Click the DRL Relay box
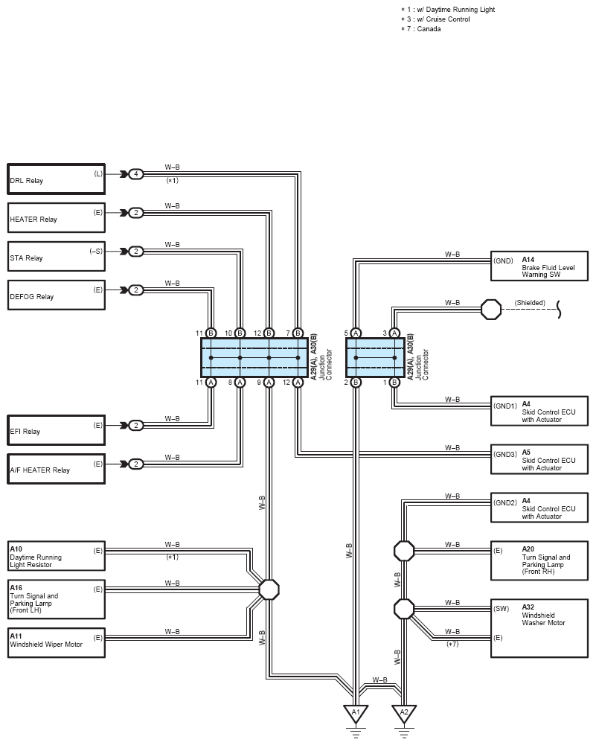coord(56,179)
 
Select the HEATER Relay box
coord(56,217)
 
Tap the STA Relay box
coord(56,256)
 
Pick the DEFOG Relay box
coord(56,295)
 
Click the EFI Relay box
coord(56,430)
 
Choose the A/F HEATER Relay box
coord(56,469)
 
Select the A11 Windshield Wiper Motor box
coord(56,643)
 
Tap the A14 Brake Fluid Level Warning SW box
coord(539,266)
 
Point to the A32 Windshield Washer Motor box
coord(539,628)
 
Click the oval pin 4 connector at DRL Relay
coord(136,174)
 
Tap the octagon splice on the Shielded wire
coord(491,310)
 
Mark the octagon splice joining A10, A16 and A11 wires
coord(269,589)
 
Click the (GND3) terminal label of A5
coord(504,454)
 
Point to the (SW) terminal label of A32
coord(501,609)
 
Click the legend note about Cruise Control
coord(435,19)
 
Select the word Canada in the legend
coord(429,29)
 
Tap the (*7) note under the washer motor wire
coord(452,645)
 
